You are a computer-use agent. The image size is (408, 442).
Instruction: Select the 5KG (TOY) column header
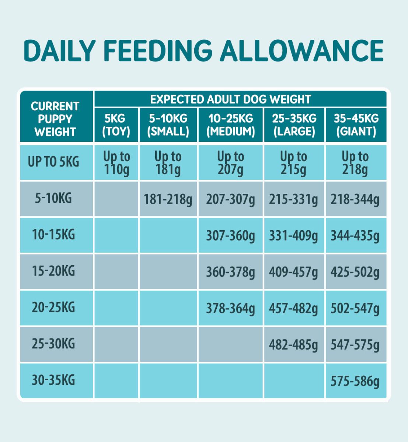click(x=116, y=125)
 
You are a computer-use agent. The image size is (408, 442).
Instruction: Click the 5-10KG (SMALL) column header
click(x=168, y=125)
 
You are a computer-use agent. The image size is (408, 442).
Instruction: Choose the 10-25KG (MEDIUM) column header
click(x=231, y=125)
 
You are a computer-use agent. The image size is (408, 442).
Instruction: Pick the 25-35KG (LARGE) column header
click(x=294, y=125)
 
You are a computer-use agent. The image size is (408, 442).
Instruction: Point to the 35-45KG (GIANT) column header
click(x=356, y=125)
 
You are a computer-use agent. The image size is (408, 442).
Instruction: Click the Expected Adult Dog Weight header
click(x=231, y=99)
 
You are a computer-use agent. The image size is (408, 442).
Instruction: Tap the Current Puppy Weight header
click(x=55, y=119)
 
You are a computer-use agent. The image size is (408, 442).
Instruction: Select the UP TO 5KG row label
click(x=54, y=162)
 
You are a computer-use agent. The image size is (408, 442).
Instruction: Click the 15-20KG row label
click(x=54, y=271)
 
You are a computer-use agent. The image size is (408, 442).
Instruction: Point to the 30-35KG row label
click(x=54, y=380)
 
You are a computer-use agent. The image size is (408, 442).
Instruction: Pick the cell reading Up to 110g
click(x=116, y=163)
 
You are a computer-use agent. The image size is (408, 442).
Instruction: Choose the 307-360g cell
click(x=231, y=236)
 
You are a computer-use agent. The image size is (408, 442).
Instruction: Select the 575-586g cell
click(x=355, y=381)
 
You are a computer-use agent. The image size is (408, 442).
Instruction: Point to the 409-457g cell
click(x=294, y=272)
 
